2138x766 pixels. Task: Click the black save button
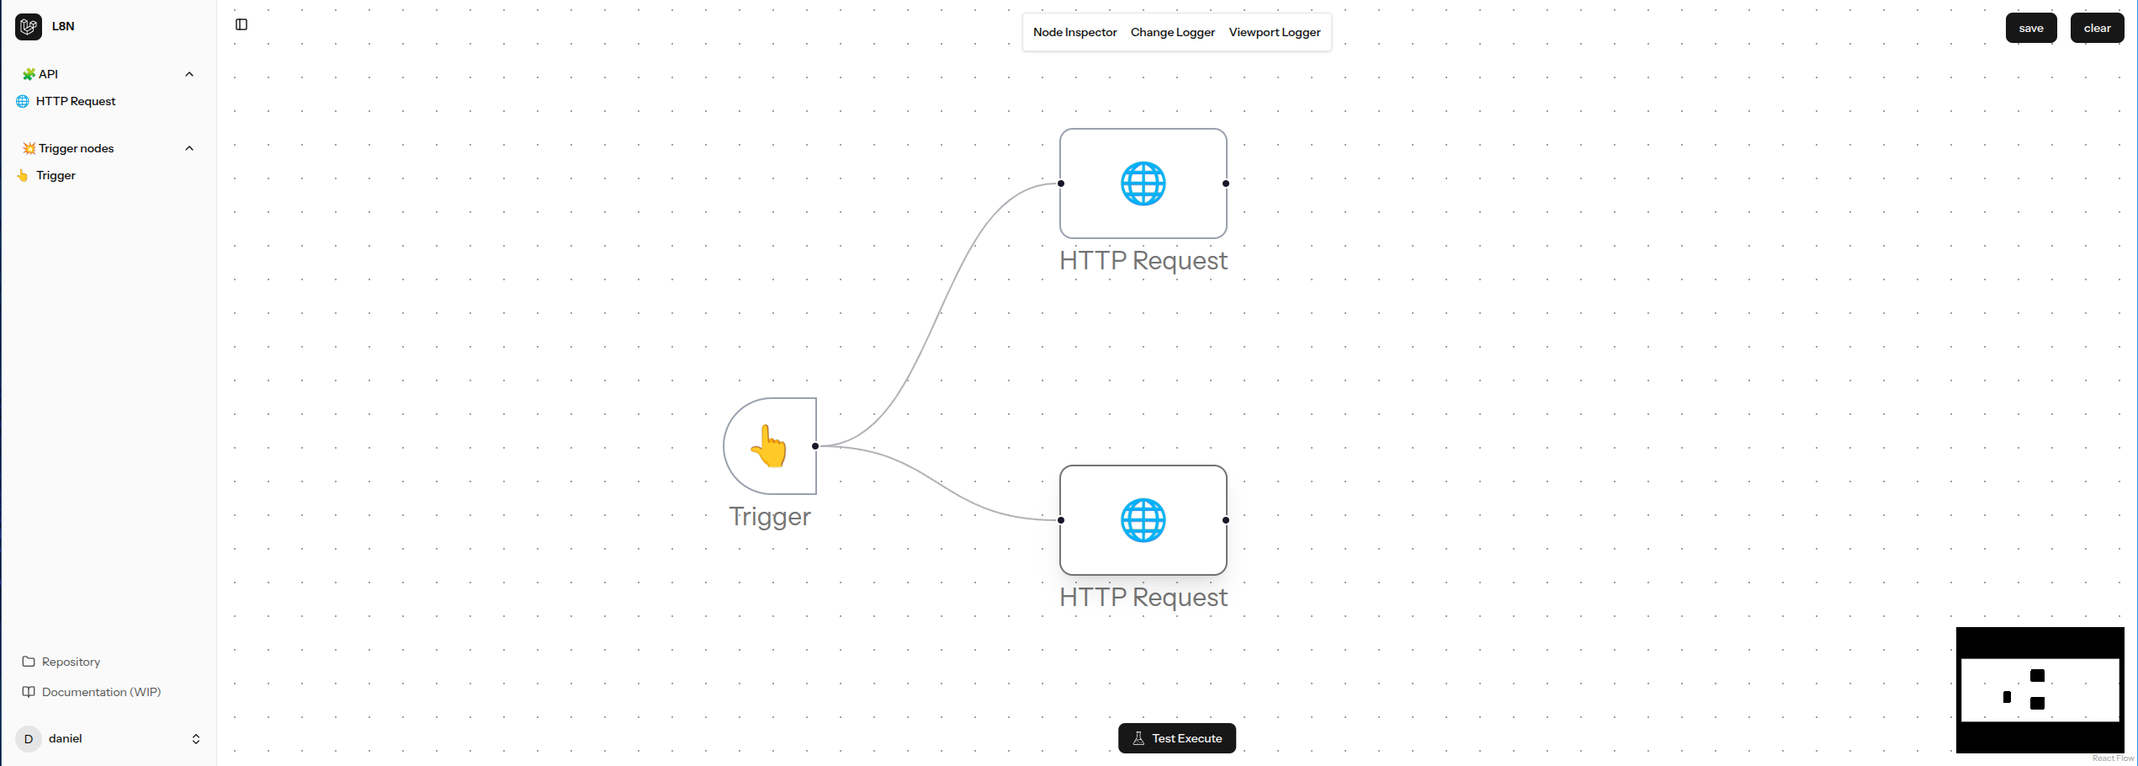pos(2030,28)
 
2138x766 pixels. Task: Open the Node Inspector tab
pos(1074,32)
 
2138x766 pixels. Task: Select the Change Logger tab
pos(1172,32)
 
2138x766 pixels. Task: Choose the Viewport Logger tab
pos(1274,32)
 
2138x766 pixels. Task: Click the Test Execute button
pos(1176,738)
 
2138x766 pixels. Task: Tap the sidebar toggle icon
pos(241,24)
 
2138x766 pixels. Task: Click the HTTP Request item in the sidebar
pos(76,101)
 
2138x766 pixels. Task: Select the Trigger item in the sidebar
pos(56,175)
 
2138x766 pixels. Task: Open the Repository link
pos(71,662)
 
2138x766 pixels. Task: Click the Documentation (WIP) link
pos(101,692)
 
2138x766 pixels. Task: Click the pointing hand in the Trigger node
pos(769,446)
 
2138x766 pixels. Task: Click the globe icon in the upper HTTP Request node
pos(1143,184)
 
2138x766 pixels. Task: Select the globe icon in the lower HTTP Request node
pos(1143,520)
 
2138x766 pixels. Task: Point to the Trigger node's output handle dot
pos(815,446)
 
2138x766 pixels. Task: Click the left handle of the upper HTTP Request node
pos(1061,184)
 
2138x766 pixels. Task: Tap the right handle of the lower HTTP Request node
pos(1226,520)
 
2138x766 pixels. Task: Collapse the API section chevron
pos(189,74)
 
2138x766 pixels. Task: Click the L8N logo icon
pos(29,27)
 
